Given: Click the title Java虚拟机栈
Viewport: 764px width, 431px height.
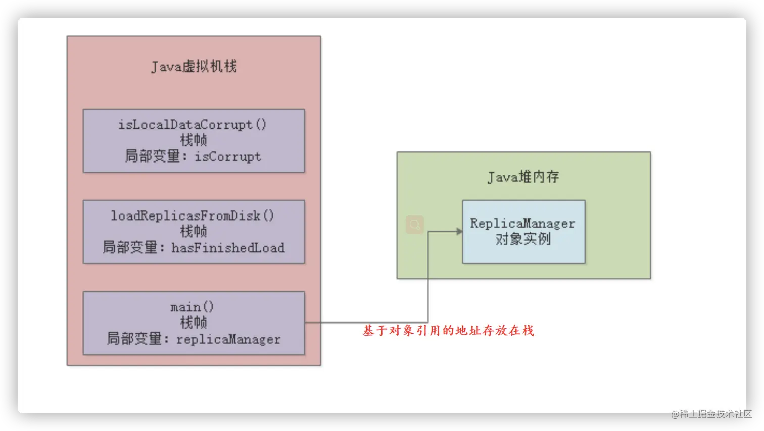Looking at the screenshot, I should (x=194, y=66).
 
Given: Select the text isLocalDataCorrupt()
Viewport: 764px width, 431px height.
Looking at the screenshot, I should (x=192, y=124).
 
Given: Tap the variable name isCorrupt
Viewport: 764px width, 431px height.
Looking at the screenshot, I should (x=228, y=156).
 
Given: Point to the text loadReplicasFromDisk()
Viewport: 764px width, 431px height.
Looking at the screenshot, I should (x=192, y=215).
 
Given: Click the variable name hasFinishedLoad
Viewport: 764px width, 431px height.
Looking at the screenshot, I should (x=228, y=248).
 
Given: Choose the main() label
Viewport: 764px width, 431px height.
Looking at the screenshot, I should (x=192, y=307).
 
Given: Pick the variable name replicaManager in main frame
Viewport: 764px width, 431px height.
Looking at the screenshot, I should (x=228, y=339).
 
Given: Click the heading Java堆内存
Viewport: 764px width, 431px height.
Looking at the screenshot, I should (x=523, y=177).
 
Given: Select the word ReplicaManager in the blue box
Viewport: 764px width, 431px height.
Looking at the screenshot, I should (x=522, y=223).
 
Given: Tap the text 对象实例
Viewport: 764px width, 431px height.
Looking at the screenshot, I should (x=523, y=239).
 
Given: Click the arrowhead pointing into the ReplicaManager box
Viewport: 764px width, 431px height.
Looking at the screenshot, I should (x=459, y=232).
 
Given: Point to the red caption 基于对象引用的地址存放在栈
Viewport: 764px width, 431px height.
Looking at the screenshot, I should (x=448, y=331).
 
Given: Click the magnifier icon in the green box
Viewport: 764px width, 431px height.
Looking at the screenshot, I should (x=415, y=225).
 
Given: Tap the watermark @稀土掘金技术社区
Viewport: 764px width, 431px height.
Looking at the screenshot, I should (x=710, y=413).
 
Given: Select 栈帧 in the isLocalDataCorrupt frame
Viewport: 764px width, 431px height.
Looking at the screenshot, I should (x=194, y=140).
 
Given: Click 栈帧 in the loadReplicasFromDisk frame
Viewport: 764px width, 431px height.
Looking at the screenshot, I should (x=194, y=231).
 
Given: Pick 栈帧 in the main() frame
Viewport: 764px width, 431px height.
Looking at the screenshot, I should (x=194, y=322).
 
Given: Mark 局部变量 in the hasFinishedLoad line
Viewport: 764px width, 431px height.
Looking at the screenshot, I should (x=130, y=248).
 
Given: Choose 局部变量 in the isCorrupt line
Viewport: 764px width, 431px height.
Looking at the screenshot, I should (x=153, y=156).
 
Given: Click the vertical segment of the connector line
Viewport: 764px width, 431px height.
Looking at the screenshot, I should (x=428, y=278).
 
